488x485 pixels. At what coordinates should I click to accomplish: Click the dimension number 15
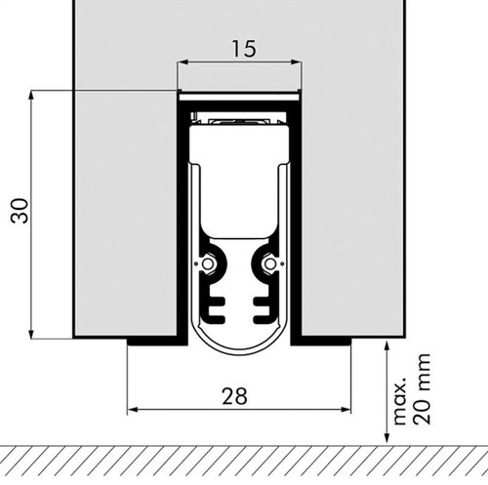click(244, 49)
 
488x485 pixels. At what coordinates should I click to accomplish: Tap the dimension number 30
click(20, 211)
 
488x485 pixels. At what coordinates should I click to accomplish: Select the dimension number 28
click(234, 396)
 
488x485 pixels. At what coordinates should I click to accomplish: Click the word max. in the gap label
click(400, 401)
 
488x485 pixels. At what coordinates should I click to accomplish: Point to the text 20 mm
click(422, 388)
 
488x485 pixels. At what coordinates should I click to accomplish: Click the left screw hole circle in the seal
click(207, 263)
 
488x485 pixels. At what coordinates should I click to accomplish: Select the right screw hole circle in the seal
click(269, 263)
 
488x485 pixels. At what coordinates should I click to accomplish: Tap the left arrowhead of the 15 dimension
click(181, 62)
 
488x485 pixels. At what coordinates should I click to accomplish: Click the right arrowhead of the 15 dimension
click(297, 62)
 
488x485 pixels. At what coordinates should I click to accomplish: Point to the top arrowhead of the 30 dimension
click(31, 95)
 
